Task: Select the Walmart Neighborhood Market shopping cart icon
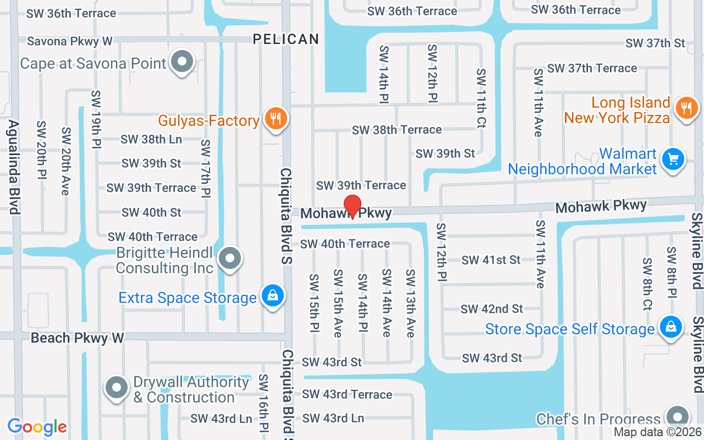tap(673, 159)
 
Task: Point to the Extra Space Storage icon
tap(272, 296)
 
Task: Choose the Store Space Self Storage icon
tap(670, 327)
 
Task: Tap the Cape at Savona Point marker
tap(182, 62)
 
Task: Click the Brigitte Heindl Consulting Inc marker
tap(230, 258)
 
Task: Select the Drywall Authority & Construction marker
tap(117, 388)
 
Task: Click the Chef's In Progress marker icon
tap(677, 417)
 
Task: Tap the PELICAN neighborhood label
tap(285, 39)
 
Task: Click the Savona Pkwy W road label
tap(70, 41)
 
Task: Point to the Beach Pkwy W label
tap(78, 338)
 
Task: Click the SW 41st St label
tap(491, 260)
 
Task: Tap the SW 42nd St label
tap(492, 309)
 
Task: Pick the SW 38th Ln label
tap(151, 140)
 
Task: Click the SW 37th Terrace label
tap(592, 68)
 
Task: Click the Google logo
tap(37, 427)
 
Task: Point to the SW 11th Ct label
tap(481, 98)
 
